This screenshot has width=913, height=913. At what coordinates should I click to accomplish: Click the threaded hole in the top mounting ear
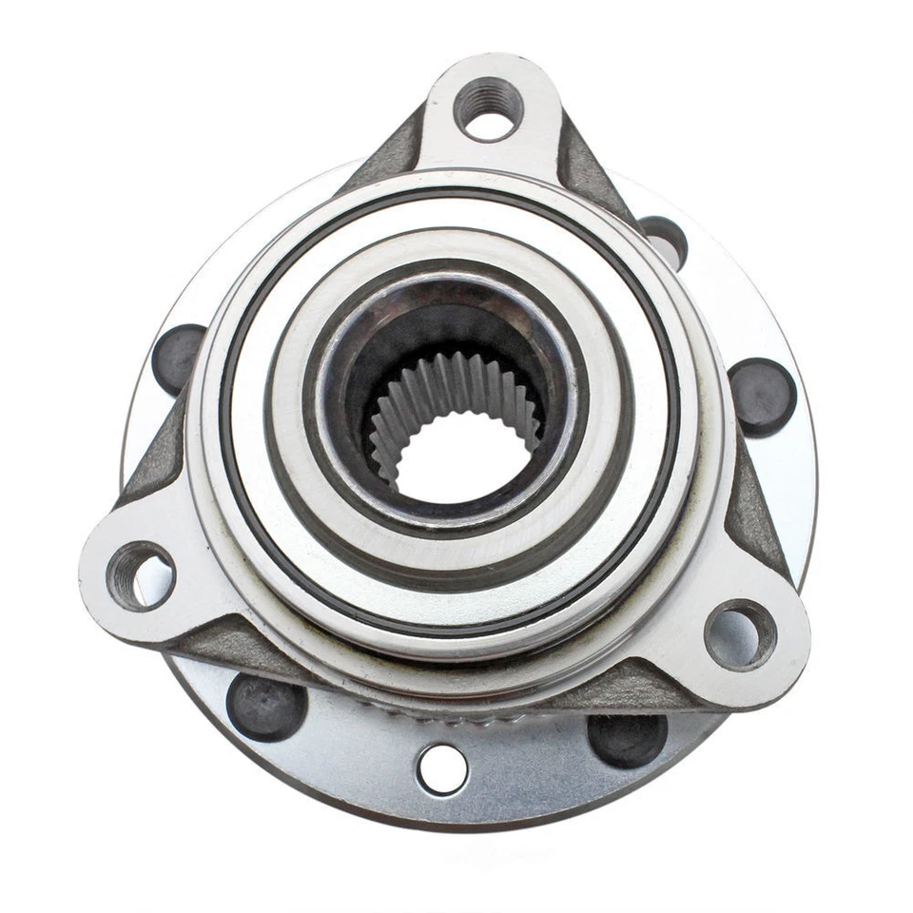click(488, 107)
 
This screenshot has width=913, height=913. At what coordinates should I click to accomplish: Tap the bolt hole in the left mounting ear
click(141, 575)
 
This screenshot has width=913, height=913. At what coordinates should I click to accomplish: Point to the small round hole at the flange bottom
click(442, 768)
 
